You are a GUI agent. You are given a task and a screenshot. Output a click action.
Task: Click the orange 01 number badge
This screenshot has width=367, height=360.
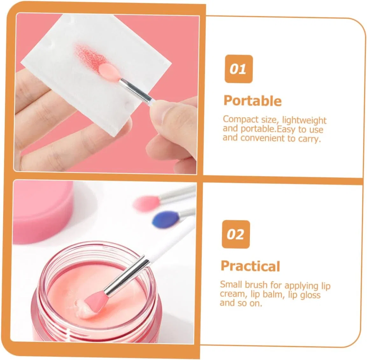pos(238,69)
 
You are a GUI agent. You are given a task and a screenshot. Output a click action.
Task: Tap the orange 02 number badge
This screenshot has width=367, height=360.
pos(236,234)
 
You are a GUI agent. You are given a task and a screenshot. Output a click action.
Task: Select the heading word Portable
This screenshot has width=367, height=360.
pos(252,101)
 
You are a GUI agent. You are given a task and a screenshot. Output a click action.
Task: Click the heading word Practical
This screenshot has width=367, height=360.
pos(250,266)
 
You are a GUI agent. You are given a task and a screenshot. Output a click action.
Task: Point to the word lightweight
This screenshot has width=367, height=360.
pos(304,120)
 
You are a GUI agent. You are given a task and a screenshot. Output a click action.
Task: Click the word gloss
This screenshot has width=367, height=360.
pos(310,295)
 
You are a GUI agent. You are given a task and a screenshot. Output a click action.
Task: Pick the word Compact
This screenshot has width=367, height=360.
pos(241,119)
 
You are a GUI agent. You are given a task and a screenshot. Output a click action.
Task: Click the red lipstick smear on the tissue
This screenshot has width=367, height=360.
pos(90,56)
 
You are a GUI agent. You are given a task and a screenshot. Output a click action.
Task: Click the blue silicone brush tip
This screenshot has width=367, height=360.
pos(166,218)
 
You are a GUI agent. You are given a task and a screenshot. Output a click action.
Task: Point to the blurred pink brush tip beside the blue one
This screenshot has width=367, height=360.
pos(146,203)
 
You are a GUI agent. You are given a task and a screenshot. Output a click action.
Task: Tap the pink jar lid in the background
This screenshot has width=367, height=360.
pos(42,211)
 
